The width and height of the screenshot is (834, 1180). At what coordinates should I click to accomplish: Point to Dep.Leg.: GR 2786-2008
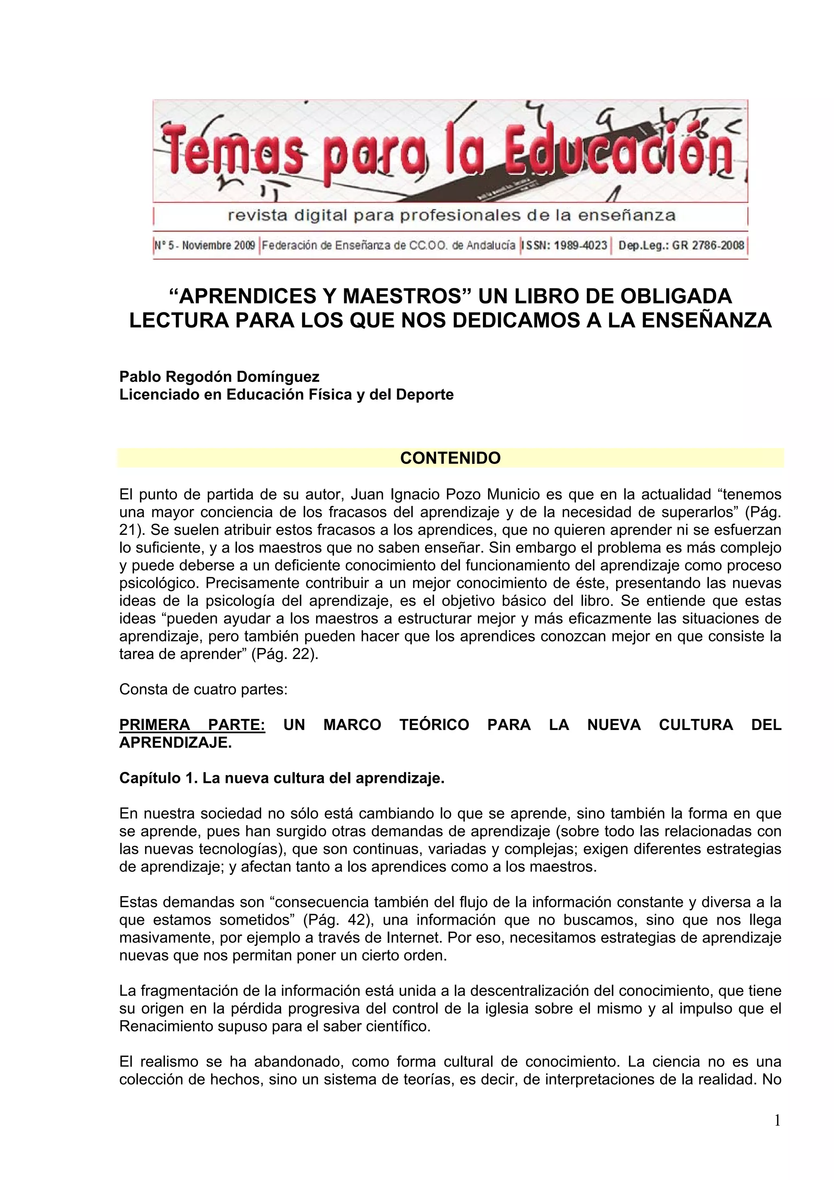click(x=681, y=245)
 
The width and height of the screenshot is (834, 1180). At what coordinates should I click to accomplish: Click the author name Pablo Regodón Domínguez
click(x=219, y=377)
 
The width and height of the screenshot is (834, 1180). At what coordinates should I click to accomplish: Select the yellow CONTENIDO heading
click(x=450, y=458)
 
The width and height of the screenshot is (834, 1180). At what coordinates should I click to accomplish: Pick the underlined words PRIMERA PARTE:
click(x=192, y=725)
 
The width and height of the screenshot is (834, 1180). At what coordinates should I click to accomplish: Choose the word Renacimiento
click(x=161, y=1026)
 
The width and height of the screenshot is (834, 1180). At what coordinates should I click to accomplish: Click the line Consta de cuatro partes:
click(x=204, y=690)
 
